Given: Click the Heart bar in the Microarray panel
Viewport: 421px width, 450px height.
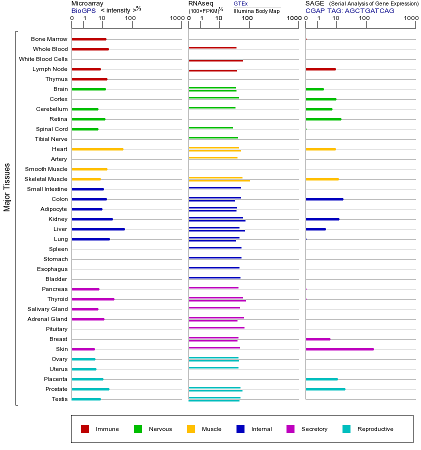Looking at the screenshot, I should [x=97, y=149].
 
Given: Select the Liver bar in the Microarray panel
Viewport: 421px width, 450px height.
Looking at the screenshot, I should [x=98, y=229].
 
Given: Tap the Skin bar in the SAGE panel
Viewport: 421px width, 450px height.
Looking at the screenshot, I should [x=339, y=349].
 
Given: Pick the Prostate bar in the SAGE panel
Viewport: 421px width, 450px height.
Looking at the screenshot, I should [x=325, y=389].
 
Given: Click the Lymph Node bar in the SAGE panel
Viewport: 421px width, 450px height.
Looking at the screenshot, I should [x=320, y=69].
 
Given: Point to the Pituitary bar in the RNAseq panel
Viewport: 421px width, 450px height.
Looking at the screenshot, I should [x=216, y=327].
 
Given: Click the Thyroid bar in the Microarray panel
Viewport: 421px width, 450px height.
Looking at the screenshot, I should [x=93, y=299].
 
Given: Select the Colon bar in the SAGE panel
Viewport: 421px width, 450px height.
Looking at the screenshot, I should [x=324, y=199].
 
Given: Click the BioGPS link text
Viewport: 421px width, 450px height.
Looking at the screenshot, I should [x=83, y=10].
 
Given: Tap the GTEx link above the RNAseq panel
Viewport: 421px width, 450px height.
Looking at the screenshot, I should [x=240, y=3].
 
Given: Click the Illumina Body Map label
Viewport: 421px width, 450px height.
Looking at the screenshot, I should [x=256, y=10].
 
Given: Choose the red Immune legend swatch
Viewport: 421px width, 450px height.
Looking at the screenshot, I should [x=85, y=429].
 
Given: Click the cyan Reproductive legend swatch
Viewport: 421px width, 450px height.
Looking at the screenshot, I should [x=346, y=429].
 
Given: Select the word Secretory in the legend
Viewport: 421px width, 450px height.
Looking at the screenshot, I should [x=314, y=429].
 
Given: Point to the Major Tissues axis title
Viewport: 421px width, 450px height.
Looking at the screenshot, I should [x=7, y=186].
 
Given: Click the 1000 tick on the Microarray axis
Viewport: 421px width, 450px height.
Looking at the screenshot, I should [x=176, y=18].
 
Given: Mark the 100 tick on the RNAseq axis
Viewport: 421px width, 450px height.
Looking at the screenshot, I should [x=247, y=18].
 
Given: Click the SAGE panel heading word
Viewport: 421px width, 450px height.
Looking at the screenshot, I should [x=314, y=3].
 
